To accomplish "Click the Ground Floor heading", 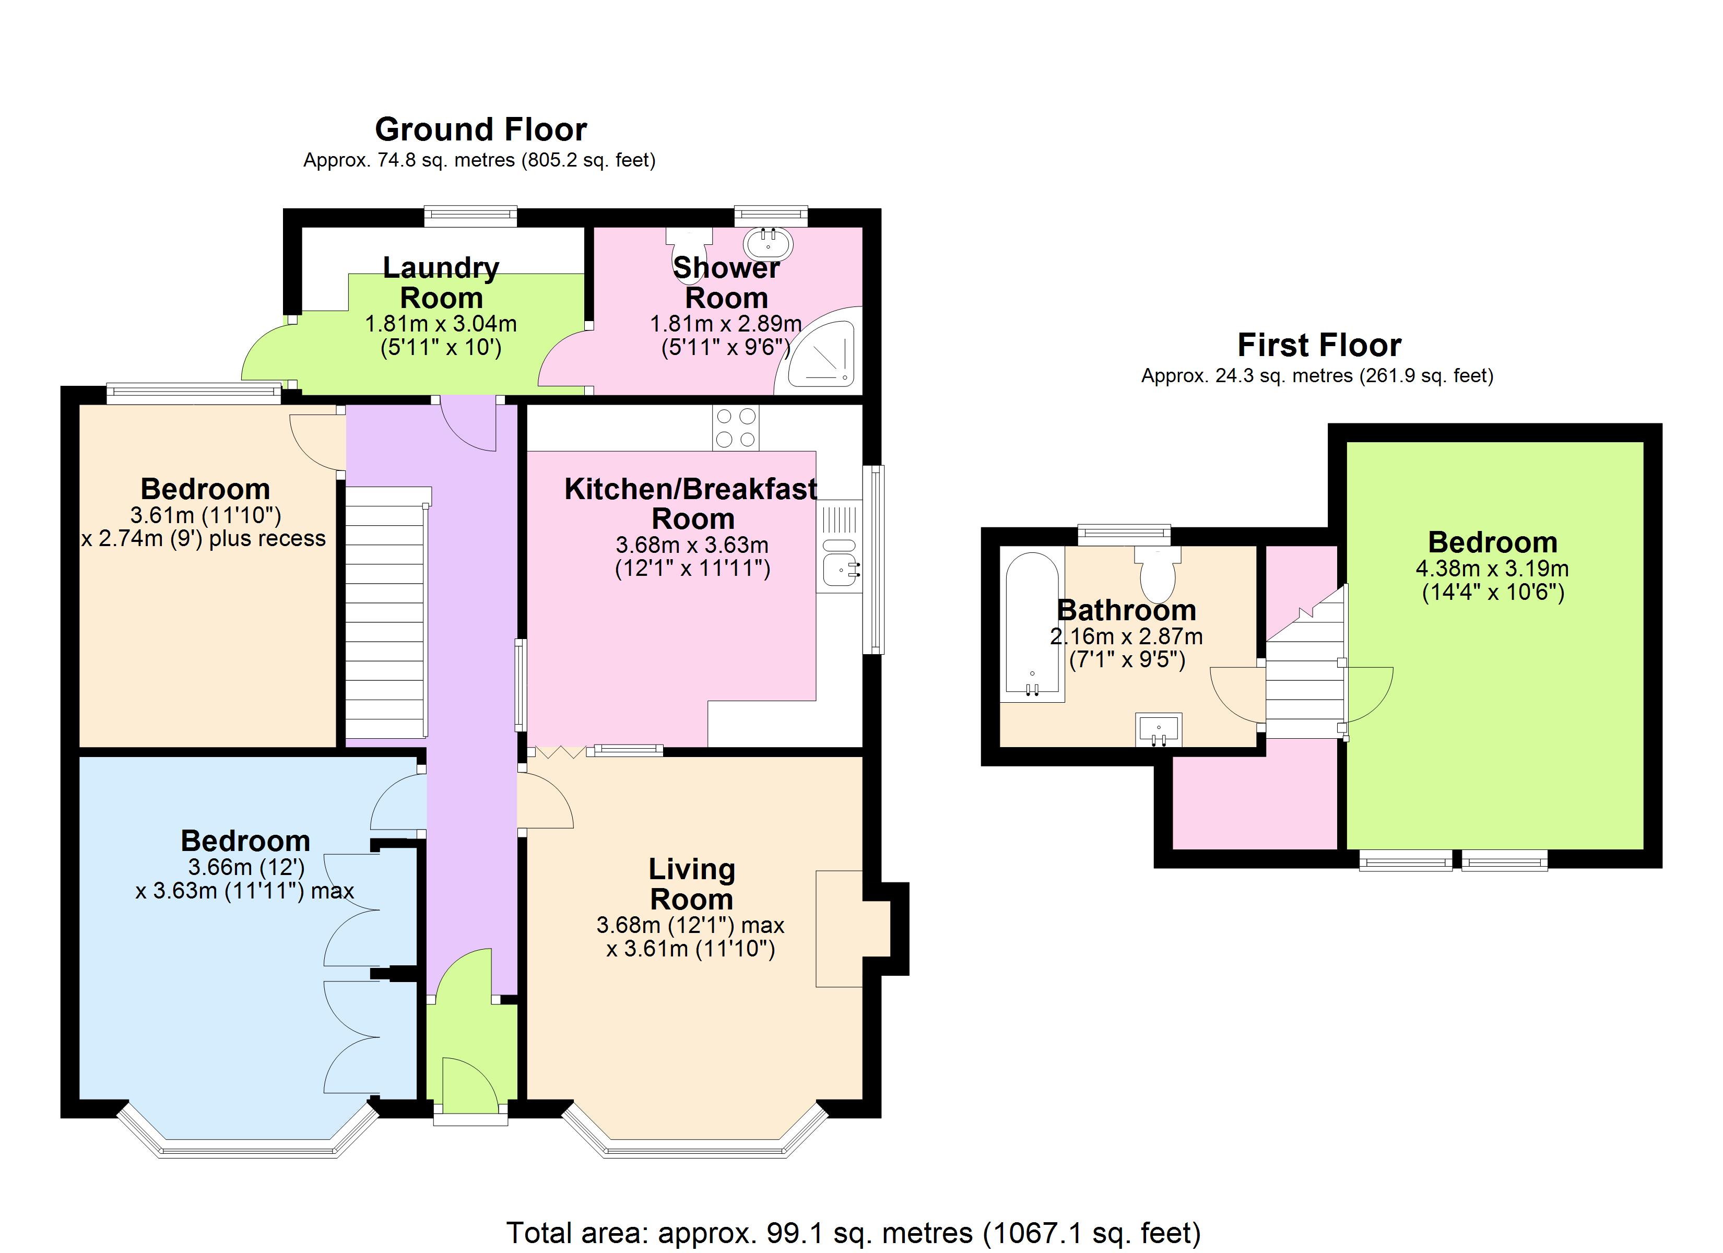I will point(480,130).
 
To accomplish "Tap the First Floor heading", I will point(1319,346).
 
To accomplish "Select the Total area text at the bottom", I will point(853,1233).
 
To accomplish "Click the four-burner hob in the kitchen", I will point(735,428).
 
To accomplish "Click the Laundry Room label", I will point(441,282).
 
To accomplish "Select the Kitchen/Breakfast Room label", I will point(691,504).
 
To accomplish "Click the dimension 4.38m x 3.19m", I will point(1492,569).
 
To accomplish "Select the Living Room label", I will point(691,884).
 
